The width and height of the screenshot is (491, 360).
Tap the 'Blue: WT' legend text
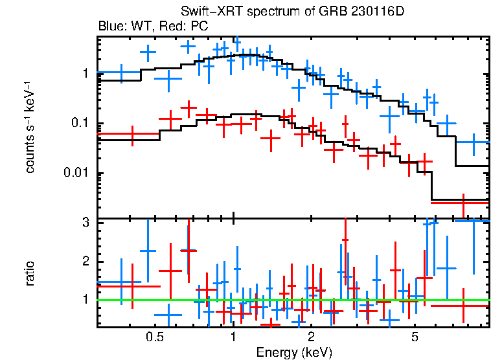119,27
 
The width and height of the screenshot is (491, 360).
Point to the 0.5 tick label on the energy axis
154,337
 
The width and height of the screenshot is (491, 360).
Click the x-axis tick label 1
233,337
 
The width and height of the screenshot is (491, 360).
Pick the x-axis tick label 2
312,337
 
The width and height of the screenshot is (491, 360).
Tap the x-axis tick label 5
415,337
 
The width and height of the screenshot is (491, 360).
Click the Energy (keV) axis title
294,352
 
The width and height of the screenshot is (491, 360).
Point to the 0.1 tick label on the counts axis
80,124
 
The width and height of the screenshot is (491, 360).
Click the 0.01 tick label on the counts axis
77,174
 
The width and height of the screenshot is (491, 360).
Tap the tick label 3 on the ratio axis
85,223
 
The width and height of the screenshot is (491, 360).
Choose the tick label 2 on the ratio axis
85,262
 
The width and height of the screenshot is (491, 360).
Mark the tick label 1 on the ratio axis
85,300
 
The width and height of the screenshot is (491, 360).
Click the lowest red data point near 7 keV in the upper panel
463,203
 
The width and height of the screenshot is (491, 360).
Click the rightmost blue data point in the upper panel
473,142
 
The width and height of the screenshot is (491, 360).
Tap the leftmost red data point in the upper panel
132,134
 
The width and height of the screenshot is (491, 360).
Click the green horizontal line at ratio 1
291,300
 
